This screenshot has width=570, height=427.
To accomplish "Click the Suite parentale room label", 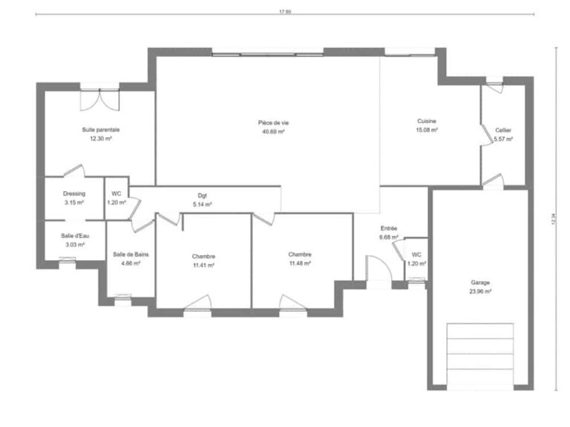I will [100, 130].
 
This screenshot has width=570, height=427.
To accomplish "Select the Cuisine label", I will [426, 121].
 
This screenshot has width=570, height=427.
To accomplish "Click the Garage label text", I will [480, 282].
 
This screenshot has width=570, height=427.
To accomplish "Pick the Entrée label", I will [389, 228].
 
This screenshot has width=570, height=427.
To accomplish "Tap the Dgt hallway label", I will [202, 196].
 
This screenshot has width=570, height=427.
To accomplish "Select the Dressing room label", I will [73, 194].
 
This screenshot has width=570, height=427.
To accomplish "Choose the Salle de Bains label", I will [131, 254].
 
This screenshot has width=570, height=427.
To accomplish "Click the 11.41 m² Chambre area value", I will [203, 265].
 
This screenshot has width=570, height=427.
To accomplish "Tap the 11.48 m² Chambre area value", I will [299, 263].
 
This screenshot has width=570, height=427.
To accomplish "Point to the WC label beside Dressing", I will [116, 193].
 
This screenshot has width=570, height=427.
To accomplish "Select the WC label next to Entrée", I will [417, 255].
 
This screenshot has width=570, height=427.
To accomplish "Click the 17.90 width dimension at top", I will [284, 11].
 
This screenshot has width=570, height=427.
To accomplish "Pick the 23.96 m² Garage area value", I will [480, 291].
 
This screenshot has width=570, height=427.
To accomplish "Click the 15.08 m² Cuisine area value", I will [426, 130].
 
